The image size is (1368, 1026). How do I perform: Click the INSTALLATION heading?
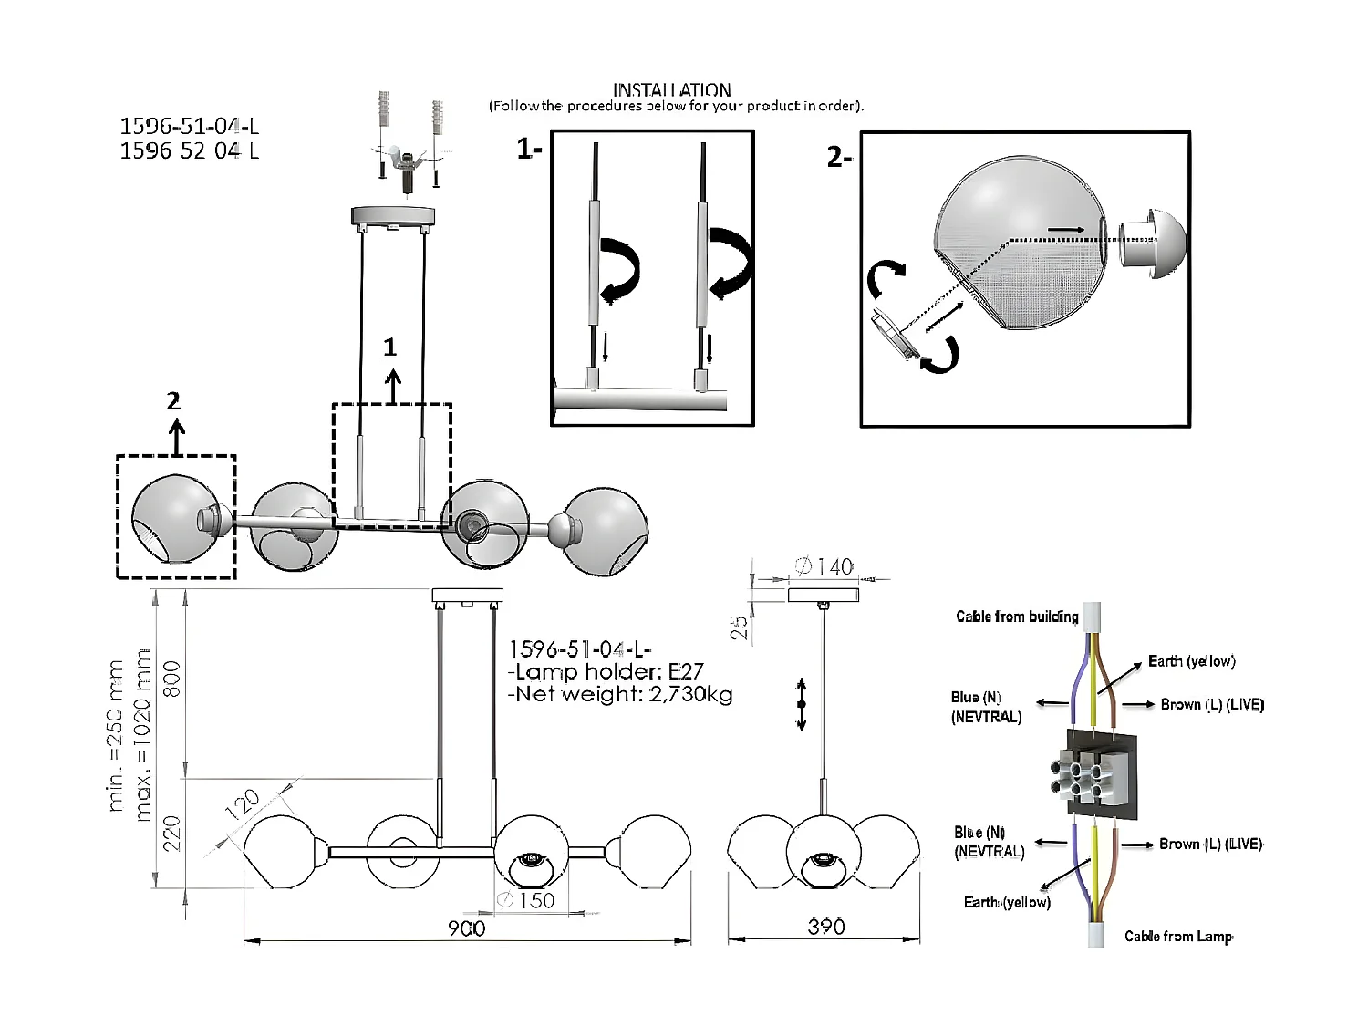671,89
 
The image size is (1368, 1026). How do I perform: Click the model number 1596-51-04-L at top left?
189,126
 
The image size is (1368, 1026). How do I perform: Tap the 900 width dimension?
466,928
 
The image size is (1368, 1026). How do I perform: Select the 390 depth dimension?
825,927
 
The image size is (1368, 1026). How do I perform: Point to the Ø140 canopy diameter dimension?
824,566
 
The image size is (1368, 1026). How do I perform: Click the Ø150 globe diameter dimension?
526,900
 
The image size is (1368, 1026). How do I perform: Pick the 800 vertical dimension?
171,678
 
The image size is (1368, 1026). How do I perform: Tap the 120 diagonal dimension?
242,804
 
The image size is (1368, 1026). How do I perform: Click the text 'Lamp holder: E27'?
606,672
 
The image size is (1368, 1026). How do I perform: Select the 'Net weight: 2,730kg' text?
620,694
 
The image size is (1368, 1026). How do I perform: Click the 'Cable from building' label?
1017,617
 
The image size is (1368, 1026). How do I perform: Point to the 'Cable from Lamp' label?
1178,936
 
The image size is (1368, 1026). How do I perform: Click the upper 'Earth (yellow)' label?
1191,661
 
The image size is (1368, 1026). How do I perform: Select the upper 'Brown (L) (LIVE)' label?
1212,704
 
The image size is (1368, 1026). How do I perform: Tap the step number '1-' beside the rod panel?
529,149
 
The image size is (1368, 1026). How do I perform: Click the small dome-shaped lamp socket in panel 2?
1154,241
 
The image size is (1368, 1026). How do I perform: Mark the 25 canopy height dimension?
739,627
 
